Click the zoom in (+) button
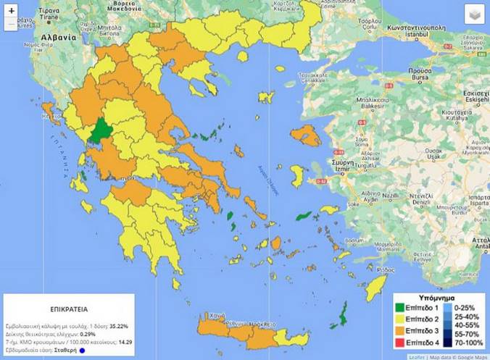coord(12,12)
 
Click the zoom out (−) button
coord(12,25)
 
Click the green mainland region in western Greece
coord(99,133)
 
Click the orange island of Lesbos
coord(306,135)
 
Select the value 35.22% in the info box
coord(128,322)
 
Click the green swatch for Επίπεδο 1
coord(404,309)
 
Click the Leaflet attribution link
coord(416,356)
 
